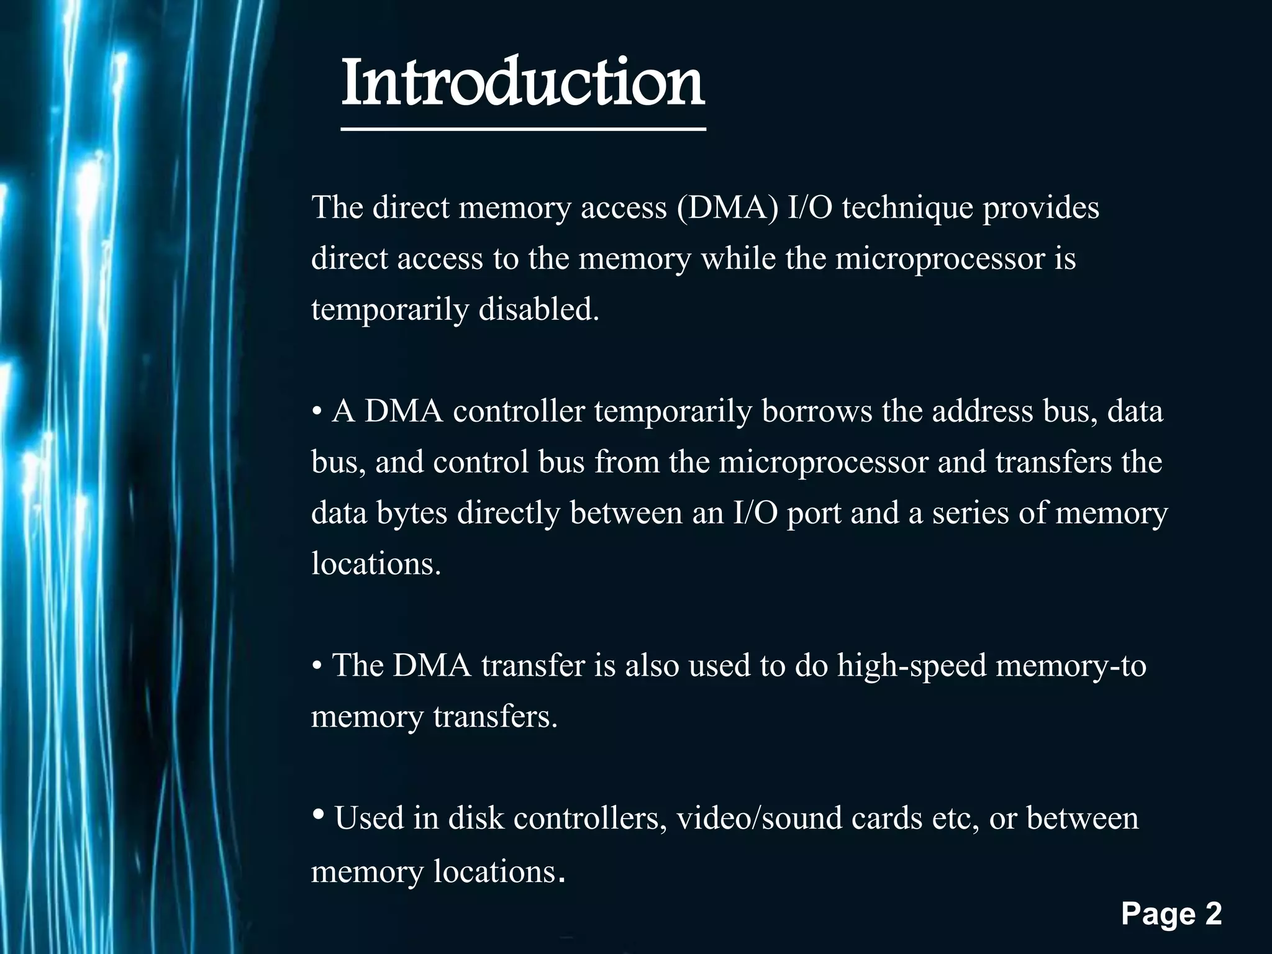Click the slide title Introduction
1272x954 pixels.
(x=523, y=83)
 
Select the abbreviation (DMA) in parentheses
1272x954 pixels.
(x=727, y=207)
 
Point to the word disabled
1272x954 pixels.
(x=538, y=309)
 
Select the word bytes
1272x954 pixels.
(x=411, y=513)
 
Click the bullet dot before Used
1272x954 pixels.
(x=318, y=814)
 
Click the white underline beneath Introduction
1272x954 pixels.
(x=523, y=129)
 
